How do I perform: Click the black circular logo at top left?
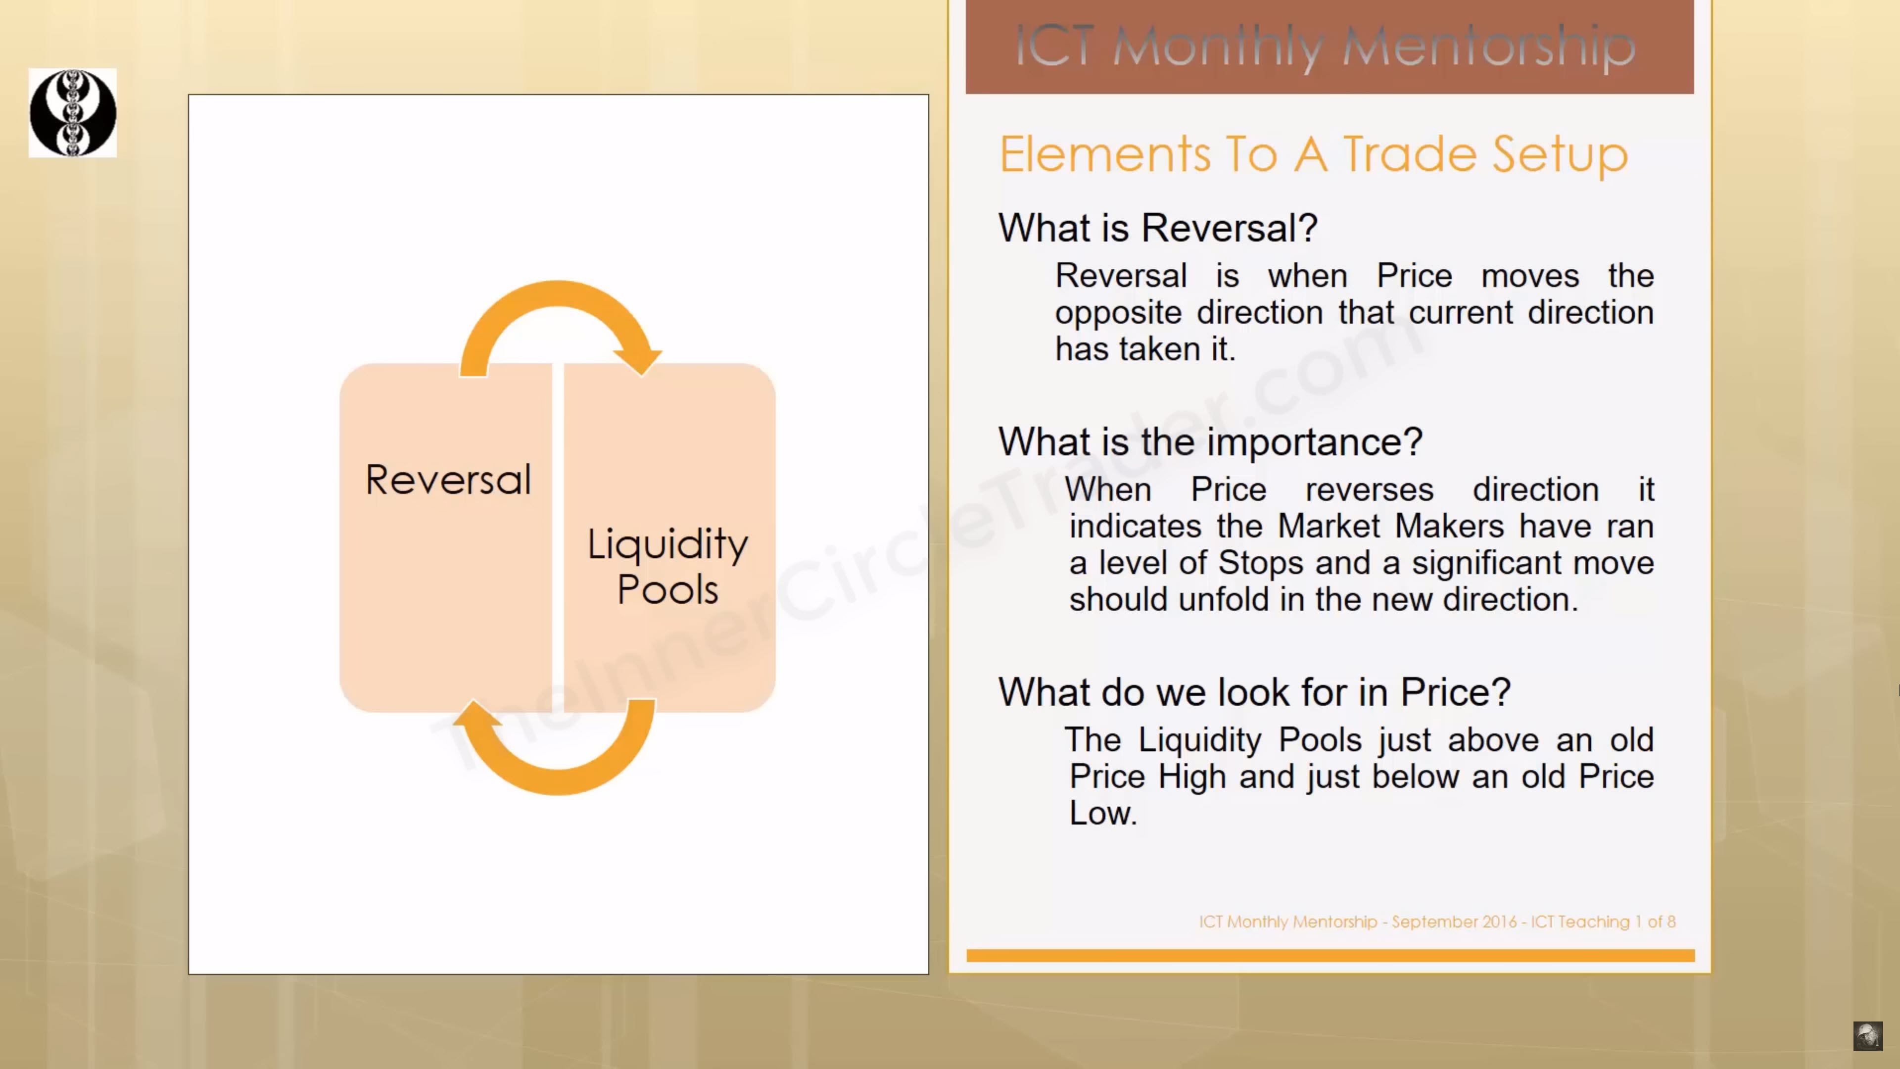click(72, 113)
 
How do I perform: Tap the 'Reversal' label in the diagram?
click(448, 480)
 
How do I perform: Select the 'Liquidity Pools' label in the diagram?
click(667, 566)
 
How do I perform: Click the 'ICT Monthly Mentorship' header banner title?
click(1326, 47)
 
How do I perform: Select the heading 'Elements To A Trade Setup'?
click(1314, 154)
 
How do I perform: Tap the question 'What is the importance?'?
click(1210, 442)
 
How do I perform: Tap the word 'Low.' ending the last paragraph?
click(1103, 813)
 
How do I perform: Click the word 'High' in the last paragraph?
click(1190, 777)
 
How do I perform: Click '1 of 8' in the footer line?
click(1655, 922)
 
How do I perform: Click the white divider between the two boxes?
click(558, 537)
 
